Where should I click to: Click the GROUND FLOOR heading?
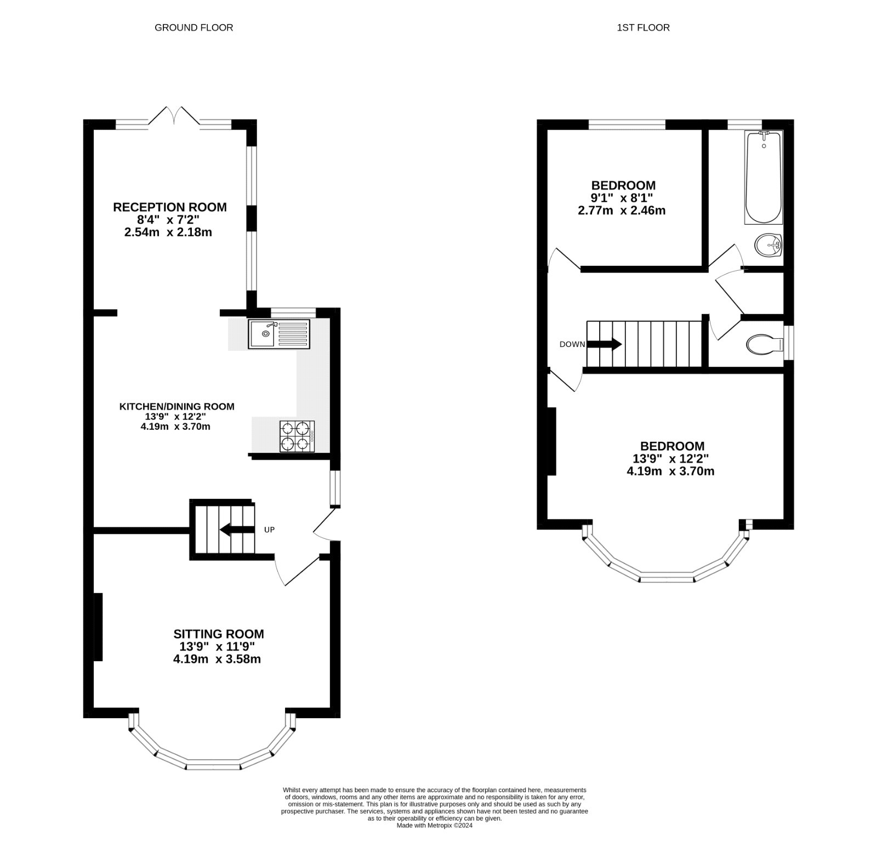tap(193, 27)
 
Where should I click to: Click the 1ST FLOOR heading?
tap(643, 27)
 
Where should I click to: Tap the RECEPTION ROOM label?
tap(169, 207)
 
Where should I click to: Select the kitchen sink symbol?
tap(279, 334)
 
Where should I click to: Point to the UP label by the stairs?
tap(269, 530)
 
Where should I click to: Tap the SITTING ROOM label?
tap(218, 634)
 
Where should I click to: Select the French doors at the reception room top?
tap(174, 117)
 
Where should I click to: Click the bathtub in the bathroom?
tap(763, 177)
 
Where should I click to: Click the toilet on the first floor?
tap(764, 344)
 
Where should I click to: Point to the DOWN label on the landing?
tap(572, 344)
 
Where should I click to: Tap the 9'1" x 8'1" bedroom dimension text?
tap(622, 198)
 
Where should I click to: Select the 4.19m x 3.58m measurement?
tap(217, 659)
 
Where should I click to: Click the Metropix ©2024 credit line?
tap(434, 840)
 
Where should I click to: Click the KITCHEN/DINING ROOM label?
tap(176, 407)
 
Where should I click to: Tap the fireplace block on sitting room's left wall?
tap(99, 627)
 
